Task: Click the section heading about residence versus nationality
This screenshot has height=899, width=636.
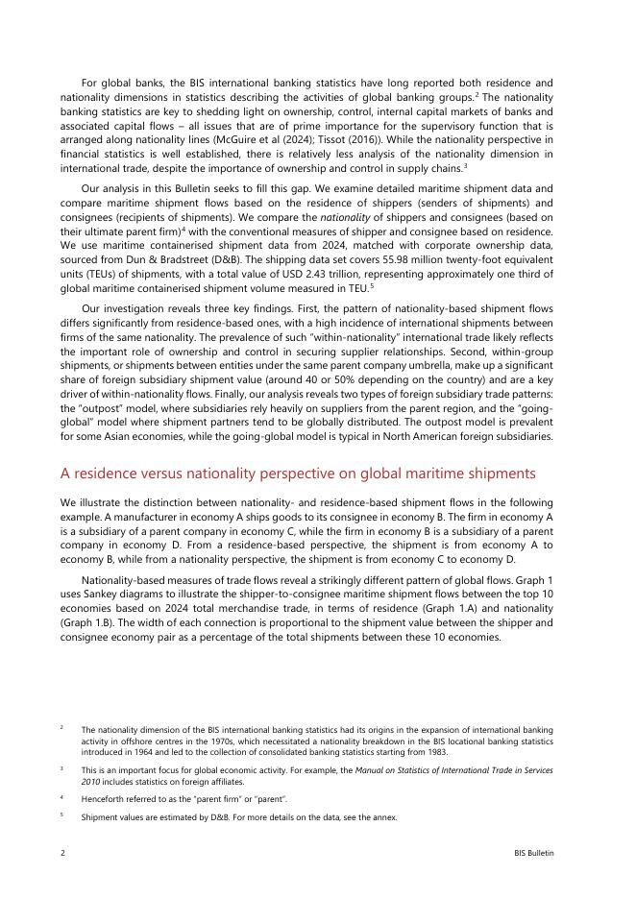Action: pyautogui.click(x=297, y=474)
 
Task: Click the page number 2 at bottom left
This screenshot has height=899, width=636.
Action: pyautogui.click(x=62, y=853)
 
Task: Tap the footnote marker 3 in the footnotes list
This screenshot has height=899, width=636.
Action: pyautogui.click(x=61, y=769)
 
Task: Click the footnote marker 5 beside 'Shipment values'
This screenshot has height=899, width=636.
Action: pyautogui.click(x=61, y=816)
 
